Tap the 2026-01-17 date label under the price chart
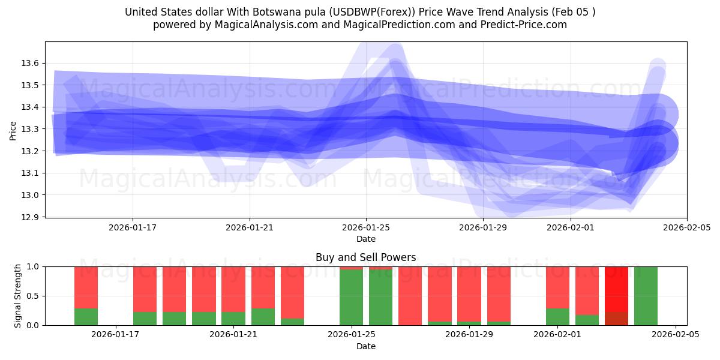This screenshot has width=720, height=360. (x=133, y=228)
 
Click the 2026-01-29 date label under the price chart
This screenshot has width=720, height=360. (x=483, y=228)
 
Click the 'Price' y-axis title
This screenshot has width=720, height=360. (x=13, y=130)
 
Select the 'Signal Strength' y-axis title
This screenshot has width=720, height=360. (x=18, y=296)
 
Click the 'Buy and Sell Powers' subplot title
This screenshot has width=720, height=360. (x=365, y=257)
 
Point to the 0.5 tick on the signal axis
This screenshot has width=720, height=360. (x=33, y=296)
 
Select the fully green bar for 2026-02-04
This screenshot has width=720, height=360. (x=646, y=296)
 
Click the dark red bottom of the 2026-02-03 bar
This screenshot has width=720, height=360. (x=616, y=319)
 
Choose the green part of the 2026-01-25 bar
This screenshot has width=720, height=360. (x=351, y=298)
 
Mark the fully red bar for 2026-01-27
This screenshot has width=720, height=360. (x=410, y=296)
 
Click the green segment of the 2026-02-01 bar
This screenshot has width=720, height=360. (x=557, y=317)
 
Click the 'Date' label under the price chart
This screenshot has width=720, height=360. (x=365, y=239)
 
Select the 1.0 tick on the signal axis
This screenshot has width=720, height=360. (x=33, y=266)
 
